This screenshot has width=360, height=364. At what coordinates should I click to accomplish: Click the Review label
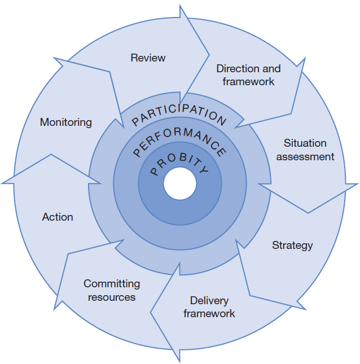click(148, 58)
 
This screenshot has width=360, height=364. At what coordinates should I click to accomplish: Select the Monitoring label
click(65, 122)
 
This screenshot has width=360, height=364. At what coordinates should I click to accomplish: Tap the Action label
click(58, 217)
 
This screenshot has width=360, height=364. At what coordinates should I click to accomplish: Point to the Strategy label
click(292, 245)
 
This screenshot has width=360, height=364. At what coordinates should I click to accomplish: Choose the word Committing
click(112, 284)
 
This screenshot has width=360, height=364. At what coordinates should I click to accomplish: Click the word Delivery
click(209, 300)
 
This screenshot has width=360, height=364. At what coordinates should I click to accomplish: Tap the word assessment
click(305, 157)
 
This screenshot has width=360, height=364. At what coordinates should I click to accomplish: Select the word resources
click(112, 297)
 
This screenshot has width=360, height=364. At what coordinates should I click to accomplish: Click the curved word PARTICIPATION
click(179, 112)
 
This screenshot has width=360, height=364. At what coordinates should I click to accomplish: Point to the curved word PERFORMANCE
click(179, 138)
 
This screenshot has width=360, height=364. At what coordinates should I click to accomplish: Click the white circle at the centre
click(180, 183)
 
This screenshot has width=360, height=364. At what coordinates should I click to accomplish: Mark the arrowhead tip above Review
click(181, 6)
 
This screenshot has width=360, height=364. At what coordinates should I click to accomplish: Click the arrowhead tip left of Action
click(3, 182)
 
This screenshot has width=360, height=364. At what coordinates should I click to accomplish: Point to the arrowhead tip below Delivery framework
click(180, 360)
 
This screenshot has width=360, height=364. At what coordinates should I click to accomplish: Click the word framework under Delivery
click(209, 313)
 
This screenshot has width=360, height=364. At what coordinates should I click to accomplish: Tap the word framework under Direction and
click(248, 82)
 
